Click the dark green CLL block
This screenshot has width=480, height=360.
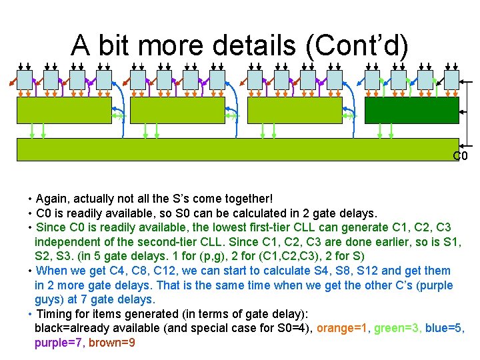click(411, 111)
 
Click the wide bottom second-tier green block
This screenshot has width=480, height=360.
click(238, 149)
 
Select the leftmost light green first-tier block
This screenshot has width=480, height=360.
click(64, 111)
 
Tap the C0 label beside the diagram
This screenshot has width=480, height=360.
click(460, 157)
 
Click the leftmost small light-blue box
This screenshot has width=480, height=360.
click(25, 81)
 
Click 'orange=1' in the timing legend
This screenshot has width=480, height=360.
click(342, 328)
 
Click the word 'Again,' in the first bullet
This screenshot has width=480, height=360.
click(53, 199)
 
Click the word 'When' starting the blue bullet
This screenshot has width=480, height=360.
click(50, 271)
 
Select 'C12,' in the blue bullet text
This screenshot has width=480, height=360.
click(148, 271)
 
